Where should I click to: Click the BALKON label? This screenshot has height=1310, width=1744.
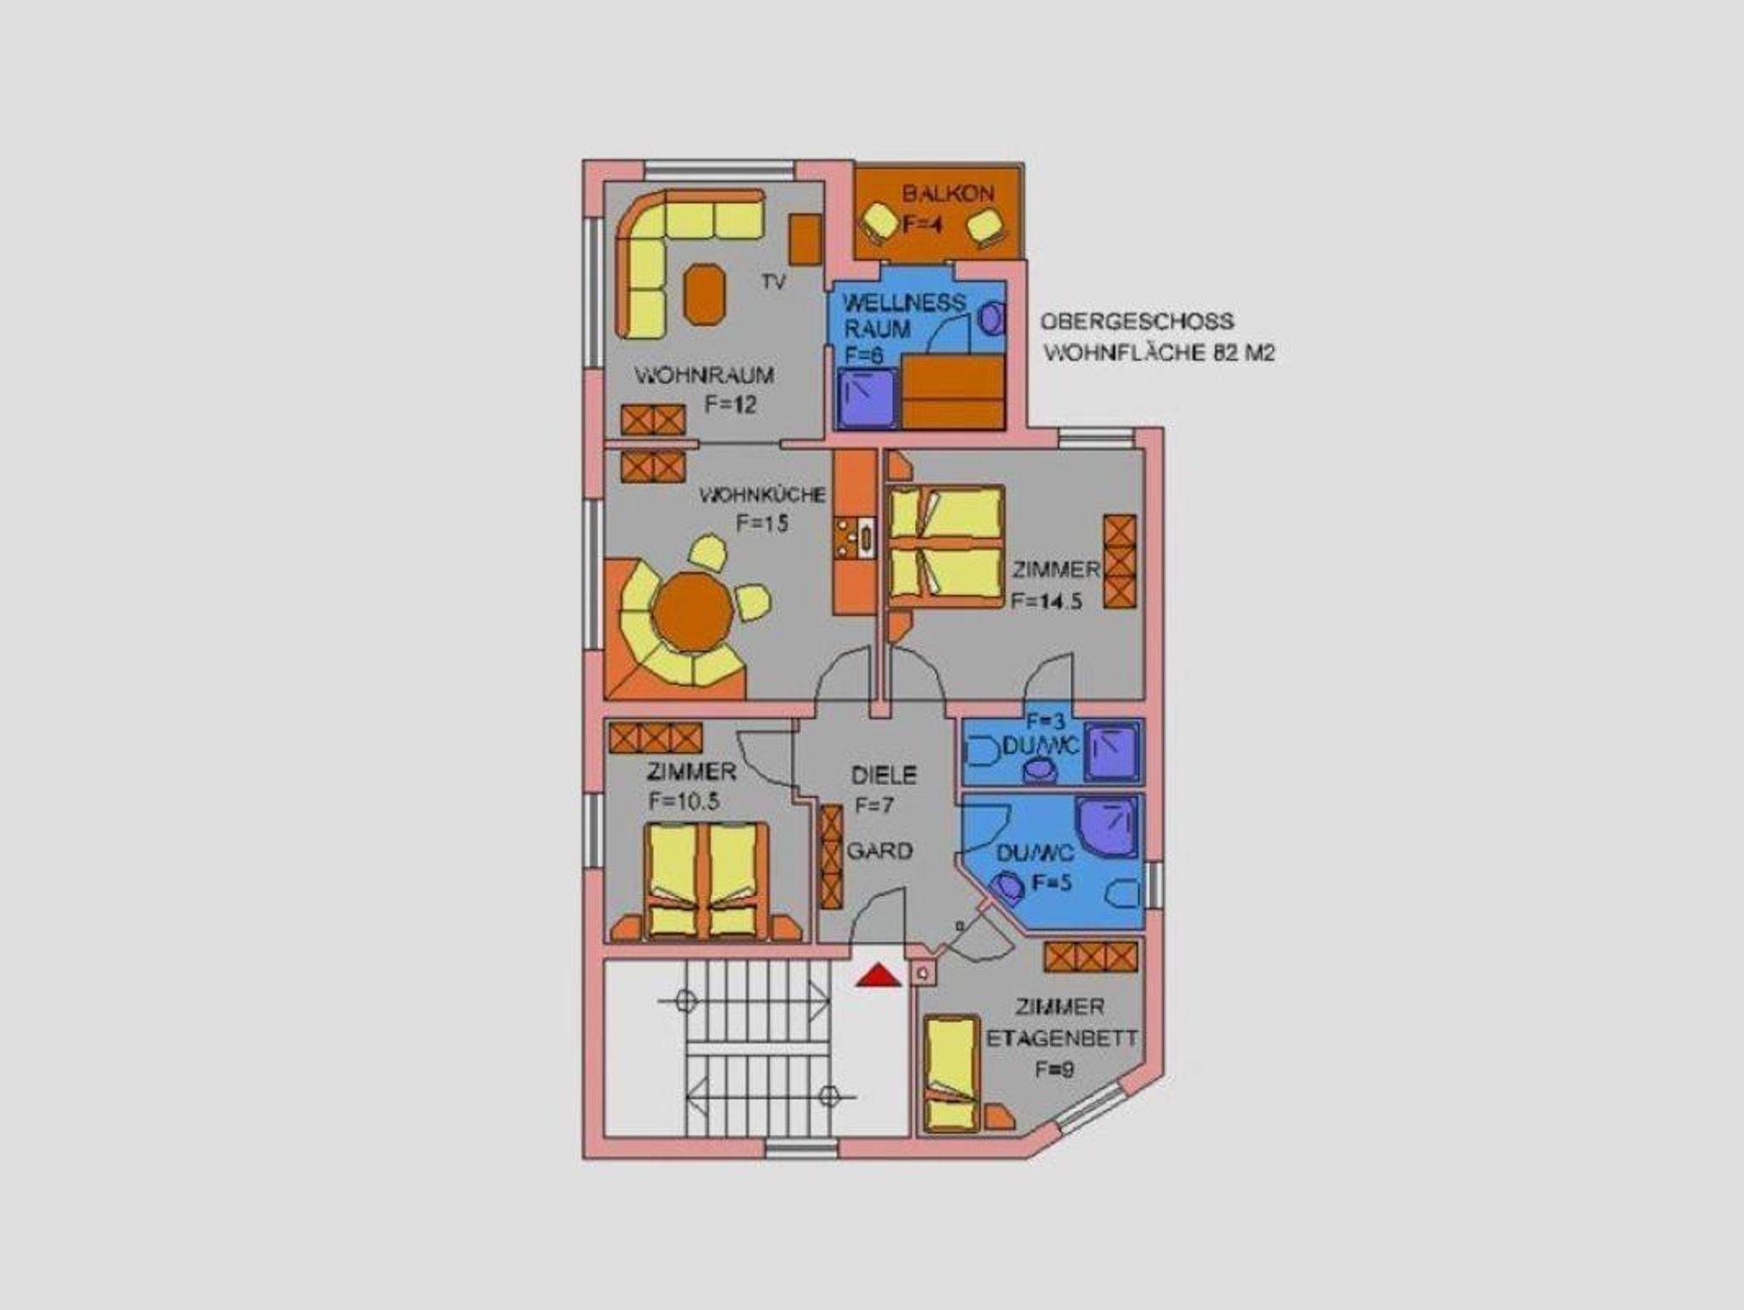(948, 193)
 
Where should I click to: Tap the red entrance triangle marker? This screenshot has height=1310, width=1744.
(879, 975)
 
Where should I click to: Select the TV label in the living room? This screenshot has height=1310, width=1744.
(773, 282)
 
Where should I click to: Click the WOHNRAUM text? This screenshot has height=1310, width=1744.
(704, 375)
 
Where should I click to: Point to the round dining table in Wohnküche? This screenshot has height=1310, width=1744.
(692, 612)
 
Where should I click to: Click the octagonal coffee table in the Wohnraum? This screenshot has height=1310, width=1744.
(705, 294)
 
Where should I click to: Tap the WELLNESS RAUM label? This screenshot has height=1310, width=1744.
(904, 315)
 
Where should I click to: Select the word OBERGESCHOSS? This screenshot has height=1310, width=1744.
(1137, 322)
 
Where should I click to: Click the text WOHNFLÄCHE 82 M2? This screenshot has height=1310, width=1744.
(1159, 353)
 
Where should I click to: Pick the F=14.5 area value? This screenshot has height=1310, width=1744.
(1047, 600)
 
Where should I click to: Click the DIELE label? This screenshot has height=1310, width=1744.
(884, 775)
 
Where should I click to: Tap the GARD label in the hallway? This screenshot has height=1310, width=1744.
(879, 850)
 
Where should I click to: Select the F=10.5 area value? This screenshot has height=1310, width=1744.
(684, 802)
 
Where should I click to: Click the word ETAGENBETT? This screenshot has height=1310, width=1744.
(1061, 1038)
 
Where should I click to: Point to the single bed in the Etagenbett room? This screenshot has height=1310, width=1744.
(952, 1073)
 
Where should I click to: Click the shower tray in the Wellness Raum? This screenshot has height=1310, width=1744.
(868, 398)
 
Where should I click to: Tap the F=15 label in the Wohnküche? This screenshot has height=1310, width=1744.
(762, 523)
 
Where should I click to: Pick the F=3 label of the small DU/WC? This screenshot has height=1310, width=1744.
(1045, 721)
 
